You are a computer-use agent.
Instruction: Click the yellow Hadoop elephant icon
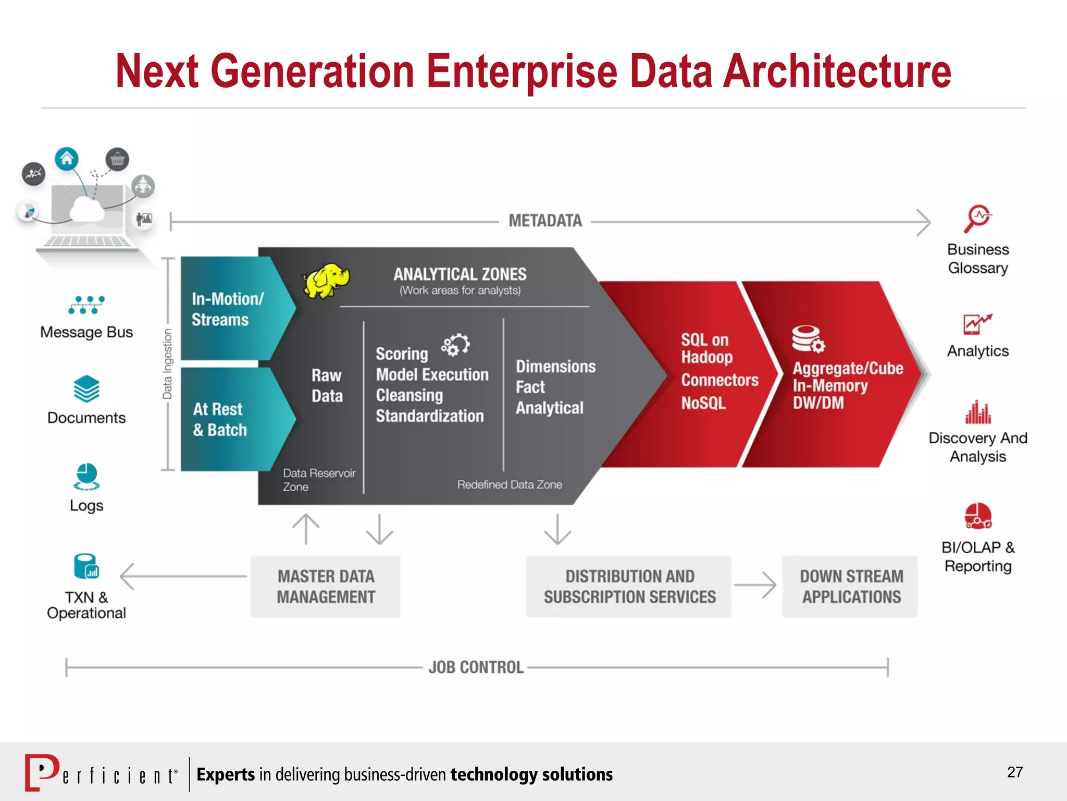326,281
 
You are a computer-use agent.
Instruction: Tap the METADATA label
545,221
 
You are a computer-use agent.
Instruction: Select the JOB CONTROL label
476,667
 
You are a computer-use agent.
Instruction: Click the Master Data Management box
326,587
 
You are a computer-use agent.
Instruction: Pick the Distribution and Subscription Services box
629,587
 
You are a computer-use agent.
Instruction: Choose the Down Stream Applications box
851,587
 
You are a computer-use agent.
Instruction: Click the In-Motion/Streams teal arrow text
227,309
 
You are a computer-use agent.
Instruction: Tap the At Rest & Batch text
219,419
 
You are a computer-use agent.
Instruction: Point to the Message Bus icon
86,305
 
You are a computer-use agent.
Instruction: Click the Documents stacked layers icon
86,389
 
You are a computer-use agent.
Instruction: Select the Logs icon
86,477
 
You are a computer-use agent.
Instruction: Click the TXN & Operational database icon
86,566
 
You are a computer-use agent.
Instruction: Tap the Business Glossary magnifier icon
977,219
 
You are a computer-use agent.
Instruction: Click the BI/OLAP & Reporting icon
978,516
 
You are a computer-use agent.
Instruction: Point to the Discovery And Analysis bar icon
978,412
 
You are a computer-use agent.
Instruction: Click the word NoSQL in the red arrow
703,403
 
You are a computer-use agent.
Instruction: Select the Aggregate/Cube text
848,368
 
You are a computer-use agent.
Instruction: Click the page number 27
1014,772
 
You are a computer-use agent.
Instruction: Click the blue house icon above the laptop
67,159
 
